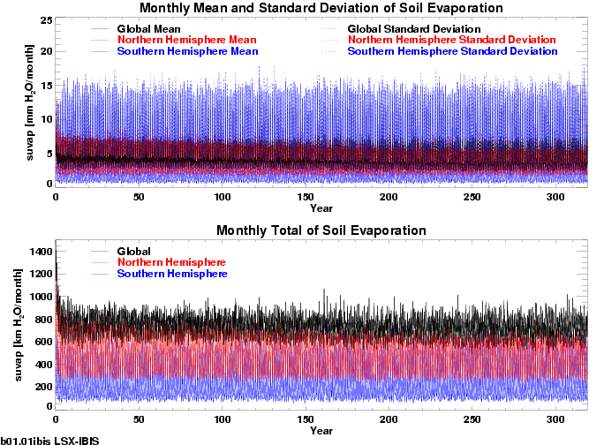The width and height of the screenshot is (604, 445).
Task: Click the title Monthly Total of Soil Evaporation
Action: [x=321, y=231]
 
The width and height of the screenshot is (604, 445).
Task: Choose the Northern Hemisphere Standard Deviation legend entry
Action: [x=451, y=41]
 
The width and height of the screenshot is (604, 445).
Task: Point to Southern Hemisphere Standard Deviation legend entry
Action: [x=452, y=52]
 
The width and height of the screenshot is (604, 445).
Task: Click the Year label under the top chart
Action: [x=321, y=209]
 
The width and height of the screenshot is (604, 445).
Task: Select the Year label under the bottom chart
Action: [x=321, y=431]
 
